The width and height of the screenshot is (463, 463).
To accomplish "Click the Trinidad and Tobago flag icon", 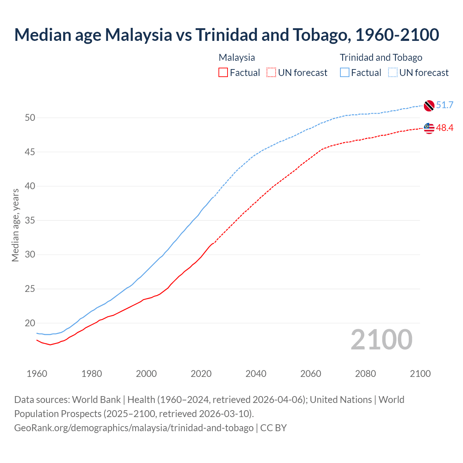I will (x=429, y=106).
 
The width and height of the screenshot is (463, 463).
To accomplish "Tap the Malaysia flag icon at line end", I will (x=429, y=128).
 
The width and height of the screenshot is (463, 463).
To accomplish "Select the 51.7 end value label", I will (x=445, y=105).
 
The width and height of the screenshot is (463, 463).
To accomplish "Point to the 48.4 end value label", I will (x=445, y=128).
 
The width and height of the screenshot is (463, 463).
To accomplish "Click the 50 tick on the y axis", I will (x=30, y=118).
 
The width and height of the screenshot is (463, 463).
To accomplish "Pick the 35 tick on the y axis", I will (x=30, y=221).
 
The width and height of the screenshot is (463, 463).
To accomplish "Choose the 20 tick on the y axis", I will (x=30, y=323).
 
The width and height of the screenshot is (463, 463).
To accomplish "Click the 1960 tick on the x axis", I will (x=37, y=374).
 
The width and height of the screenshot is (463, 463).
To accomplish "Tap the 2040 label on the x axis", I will (x=256, y=374).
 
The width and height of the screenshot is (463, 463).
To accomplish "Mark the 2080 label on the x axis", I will (x=365, y=374).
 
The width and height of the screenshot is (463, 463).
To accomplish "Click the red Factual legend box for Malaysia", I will (x=223, y=73).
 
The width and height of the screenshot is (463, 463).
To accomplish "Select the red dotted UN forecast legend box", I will (x=271, y=73).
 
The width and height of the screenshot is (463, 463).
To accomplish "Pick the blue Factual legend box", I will (x=345, y=73).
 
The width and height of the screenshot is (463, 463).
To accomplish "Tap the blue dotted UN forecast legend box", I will (x=393, y=73).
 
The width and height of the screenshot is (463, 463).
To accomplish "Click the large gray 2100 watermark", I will (x=381, y=340).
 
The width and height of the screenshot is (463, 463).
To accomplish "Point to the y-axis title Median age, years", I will (x=15, y=225).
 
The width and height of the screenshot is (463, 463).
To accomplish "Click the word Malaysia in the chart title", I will (x=138, y=35).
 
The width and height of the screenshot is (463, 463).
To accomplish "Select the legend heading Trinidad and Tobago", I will (x=381, y=58).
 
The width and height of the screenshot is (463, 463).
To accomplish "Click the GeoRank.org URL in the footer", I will (x=134, y=428).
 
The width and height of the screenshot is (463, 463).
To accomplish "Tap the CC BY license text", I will (x=273, y=428).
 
